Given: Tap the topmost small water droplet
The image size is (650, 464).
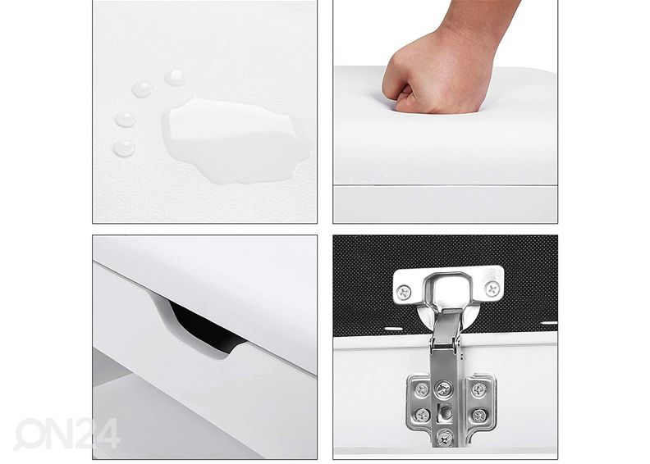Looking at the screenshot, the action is [x=174, y=78].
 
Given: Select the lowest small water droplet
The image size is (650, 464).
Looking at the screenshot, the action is [x=125, y=148].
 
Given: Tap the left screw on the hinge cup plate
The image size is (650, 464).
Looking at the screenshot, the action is [x=404, y=292].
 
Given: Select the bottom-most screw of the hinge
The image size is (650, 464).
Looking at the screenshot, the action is [x=445, y=438].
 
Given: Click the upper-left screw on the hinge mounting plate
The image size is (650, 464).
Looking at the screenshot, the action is [x=422, y=389].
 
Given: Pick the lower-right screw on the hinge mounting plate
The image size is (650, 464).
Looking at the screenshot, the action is [x=479, y=415].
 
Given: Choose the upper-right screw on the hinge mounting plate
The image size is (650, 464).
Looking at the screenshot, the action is [x=479, y=389].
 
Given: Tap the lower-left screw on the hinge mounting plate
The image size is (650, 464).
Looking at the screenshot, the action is [x=422, y=414].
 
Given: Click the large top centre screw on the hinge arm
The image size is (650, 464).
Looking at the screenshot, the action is [x=443, y=389].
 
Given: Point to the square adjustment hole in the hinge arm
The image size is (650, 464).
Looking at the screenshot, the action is [x=446, y=412].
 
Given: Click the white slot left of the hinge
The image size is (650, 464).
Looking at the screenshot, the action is [x=393, y=329].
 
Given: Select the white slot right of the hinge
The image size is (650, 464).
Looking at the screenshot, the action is [x=549, y=323].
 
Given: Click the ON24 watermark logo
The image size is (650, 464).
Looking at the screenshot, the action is [x=66, y=434].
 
